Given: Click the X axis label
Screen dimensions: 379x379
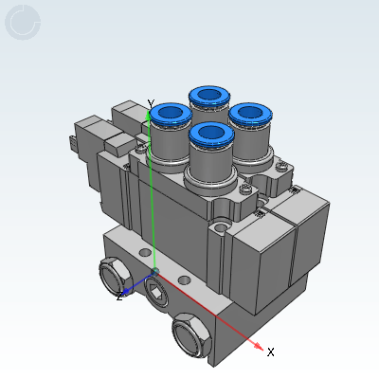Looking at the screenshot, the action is (x=271, y=352).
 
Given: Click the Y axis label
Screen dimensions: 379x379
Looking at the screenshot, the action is (x=151, y=103).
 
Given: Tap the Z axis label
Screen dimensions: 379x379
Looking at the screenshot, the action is (x=119, y=297).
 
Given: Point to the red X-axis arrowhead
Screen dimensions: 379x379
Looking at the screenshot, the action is (x=259, y=346).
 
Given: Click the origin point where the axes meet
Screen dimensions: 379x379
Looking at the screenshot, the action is (x=154, y=271).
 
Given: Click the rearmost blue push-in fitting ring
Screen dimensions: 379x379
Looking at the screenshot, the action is (x=209, y=96).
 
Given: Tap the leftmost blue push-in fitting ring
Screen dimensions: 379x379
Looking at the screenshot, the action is (x=171, y=114).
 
